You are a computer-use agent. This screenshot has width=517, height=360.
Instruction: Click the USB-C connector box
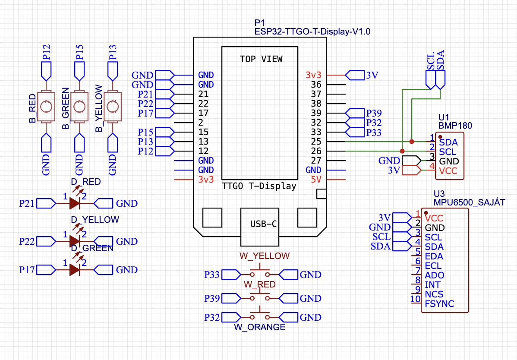point(260,224)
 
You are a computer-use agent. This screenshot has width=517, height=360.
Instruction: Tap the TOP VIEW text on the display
point(261,59)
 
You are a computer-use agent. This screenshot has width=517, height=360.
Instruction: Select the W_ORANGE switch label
point(259,327)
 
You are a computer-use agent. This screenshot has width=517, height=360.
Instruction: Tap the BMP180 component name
point(455,126)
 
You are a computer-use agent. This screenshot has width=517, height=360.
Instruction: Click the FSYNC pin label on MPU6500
point(439,304)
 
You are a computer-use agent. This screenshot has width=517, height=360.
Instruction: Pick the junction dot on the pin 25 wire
point(412,142)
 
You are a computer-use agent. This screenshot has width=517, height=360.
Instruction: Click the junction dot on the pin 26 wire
point(402,151)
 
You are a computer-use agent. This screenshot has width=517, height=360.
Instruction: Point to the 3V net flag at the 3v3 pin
point(356,75)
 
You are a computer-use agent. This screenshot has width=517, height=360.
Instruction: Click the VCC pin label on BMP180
point(448,171)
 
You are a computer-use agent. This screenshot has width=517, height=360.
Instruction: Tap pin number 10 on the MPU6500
point(415,299)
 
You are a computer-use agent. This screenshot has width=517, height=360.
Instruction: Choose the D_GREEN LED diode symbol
point(75,270)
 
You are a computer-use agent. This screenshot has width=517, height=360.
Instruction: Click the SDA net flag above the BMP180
point(440,78)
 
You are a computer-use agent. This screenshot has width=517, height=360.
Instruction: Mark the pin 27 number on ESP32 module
point(316,161)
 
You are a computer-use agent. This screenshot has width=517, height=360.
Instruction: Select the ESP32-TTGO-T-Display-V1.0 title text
point(312,32)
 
